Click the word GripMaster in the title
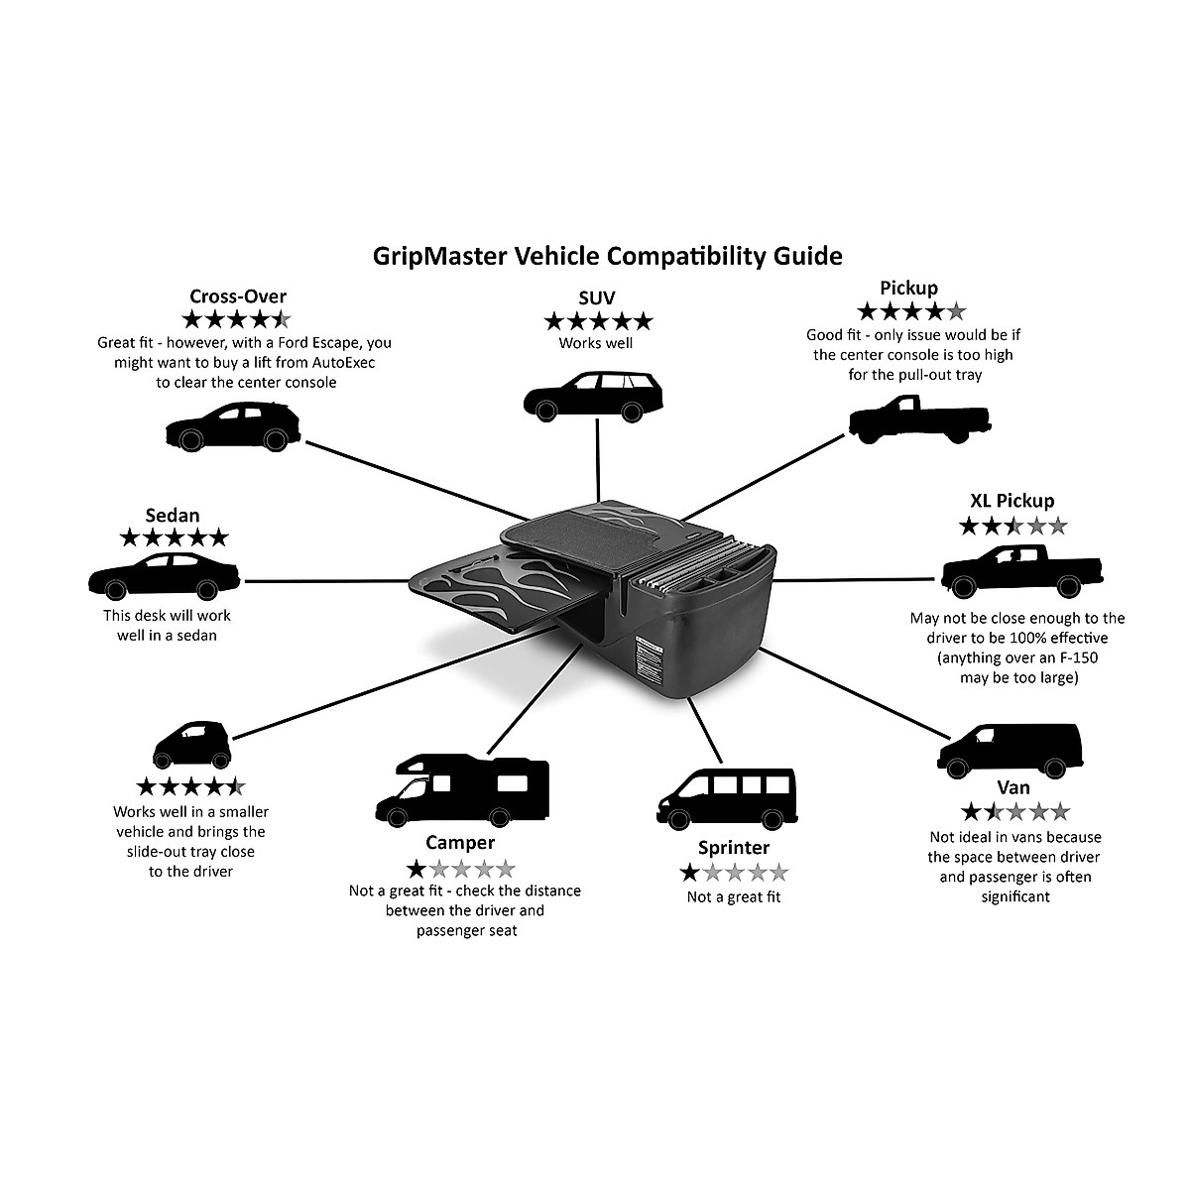pos(439,257)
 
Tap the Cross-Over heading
pos(238,297)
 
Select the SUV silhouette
pos(593,396)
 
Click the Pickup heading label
pos(908,289)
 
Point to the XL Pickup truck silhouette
pos(1022,571)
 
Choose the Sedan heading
pos(173,515)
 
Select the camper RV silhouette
pos(462,790)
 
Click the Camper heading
pos(460,842)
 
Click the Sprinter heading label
pos(734,848)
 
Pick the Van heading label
pos(1013,788)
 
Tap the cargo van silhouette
pos(1011,751)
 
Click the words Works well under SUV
pos(596,343)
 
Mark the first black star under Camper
pos(416,870)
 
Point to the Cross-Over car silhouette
pos(233,426)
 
